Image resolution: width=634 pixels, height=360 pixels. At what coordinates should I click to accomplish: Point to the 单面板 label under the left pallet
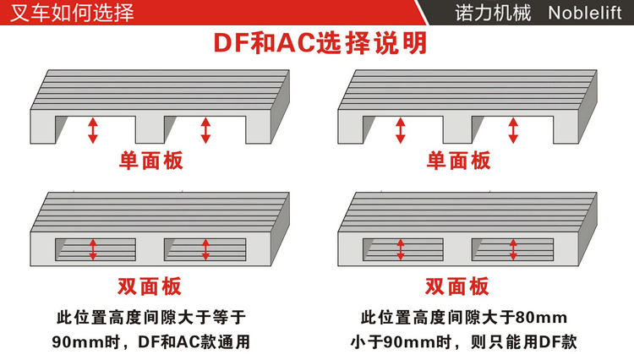pyautogui.click(x=150, y=160)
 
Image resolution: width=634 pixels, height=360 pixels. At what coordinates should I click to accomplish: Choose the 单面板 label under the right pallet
pyautogui.click(x=458, y=160)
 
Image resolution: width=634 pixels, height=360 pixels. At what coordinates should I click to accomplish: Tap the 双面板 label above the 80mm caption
pyautogui.click(x=456, y=286)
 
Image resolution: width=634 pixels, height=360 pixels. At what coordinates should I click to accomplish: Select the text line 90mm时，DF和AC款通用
pyautogui.click(x=150, y=342)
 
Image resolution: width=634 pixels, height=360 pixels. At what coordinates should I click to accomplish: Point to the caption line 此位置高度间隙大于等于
pyautogui.click(x=150, y=318)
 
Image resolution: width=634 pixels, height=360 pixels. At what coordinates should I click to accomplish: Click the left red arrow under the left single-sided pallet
pyautogui.click(x=93, y=129)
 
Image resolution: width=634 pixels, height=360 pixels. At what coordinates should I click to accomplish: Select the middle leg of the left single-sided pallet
pyautogui.click(x=150, y=129)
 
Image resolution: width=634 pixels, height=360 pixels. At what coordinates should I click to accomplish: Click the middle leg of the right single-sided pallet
pyautogui.click(x=456, y=129)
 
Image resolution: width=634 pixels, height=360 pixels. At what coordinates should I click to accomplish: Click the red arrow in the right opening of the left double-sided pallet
pyautogui.click(x=205, y=249)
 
